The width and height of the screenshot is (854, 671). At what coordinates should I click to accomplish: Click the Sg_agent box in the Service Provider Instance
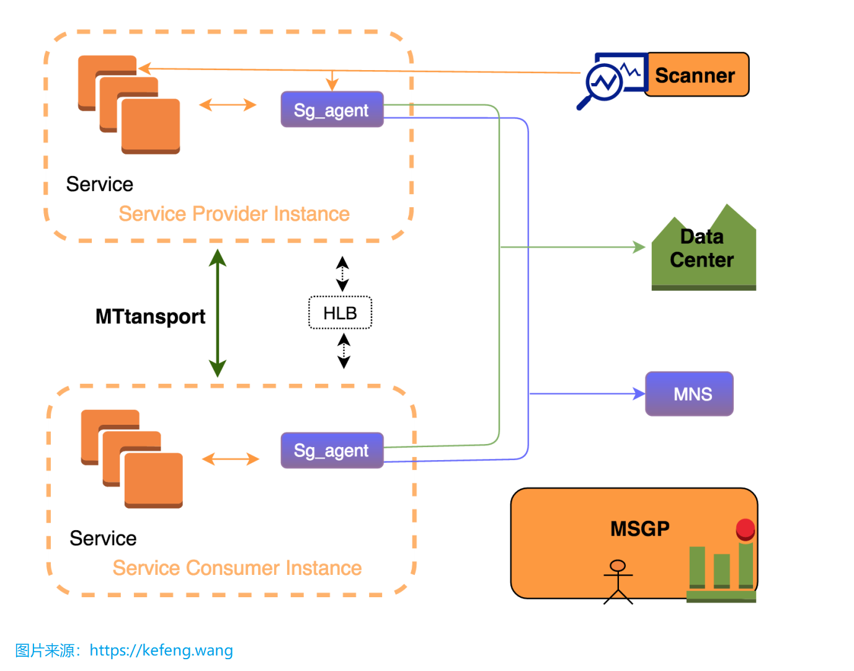click(x=332, y=110)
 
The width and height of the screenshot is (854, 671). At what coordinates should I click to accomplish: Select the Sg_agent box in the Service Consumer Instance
click(x=332, y=450)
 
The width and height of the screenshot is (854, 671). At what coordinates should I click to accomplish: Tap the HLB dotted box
click(x=340, y=313)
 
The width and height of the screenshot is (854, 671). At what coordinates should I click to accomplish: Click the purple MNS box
click(x=689, y=394)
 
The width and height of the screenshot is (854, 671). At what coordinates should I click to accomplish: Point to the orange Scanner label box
click(x=696, y=75)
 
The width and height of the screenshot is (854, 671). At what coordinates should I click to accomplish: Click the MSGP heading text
click(x=639, y=529)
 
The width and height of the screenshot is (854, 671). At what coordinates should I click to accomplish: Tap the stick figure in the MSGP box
click(x=618, y=581)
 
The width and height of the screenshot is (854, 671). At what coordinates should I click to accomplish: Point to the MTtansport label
click(x=150, y=317)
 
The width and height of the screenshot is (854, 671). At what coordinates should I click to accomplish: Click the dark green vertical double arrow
click(x=217, y=313)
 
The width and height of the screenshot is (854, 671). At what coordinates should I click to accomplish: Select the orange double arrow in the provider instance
click(x=228, y=105)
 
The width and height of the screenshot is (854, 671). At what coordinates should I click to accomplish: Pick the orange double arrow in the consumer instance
click(x=230, y=459)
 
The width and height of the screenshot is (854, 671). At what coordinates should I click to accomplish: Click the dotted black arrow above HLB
click(x=342, y=273)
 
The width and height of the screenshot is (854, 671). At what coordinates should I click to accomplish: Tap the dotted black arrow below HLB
click(x=344, y=351)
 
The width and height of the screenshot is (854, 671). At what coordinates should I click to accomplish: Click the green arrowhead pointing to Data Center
click(x=639, y=247)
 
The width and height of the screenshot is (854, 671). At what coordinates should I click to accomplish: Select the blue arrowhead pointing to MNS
click(x=639, y=393)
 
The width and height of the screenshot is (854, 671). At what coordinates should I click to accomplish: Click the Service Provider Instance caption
click(x=234, y=214)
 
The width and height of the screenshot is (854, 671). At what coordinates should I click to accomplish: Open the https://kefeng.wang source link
click(x=161, y=651)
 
